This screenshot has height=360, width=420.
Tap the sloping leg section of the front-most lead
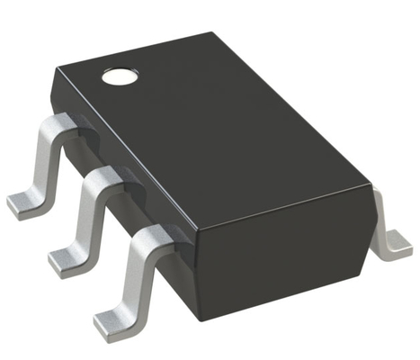coord(136,274)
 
